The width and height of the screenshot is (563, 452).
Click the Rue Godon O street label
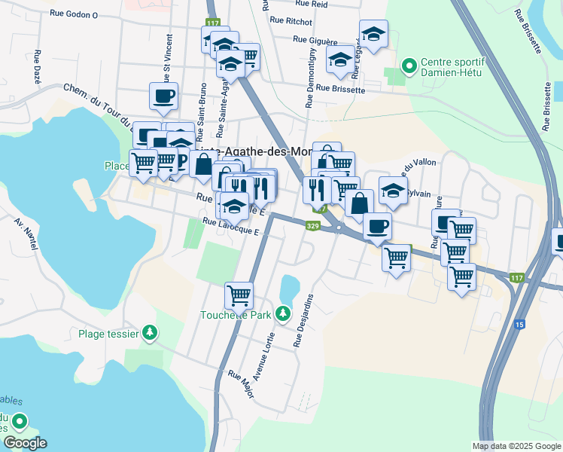pyautogui.click(x=74, y=14)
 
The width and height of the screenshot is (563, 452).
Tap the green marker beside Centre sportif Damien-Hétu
pyautogui.click(x=410, y=66)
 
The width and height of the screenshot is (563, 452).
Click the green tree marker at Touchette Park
pyautogui.click(x=282, y=312)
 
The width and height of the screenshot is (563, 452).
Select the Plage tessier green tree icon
pyautogui.click(x=151, y=332)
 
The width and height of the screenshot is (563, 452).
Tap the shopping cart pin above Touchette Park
pyautogui.click(x=239, y=295)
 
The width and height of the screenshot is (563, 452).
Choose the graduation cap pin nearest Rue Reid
pyautogui.click(x=373, y=33)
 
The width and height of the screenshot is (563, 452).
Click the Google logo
pyautogui.click(x=24, y=443)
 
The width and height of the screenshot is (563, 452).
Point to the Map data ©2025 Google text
pyautogui.click(x=516, y=446)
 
